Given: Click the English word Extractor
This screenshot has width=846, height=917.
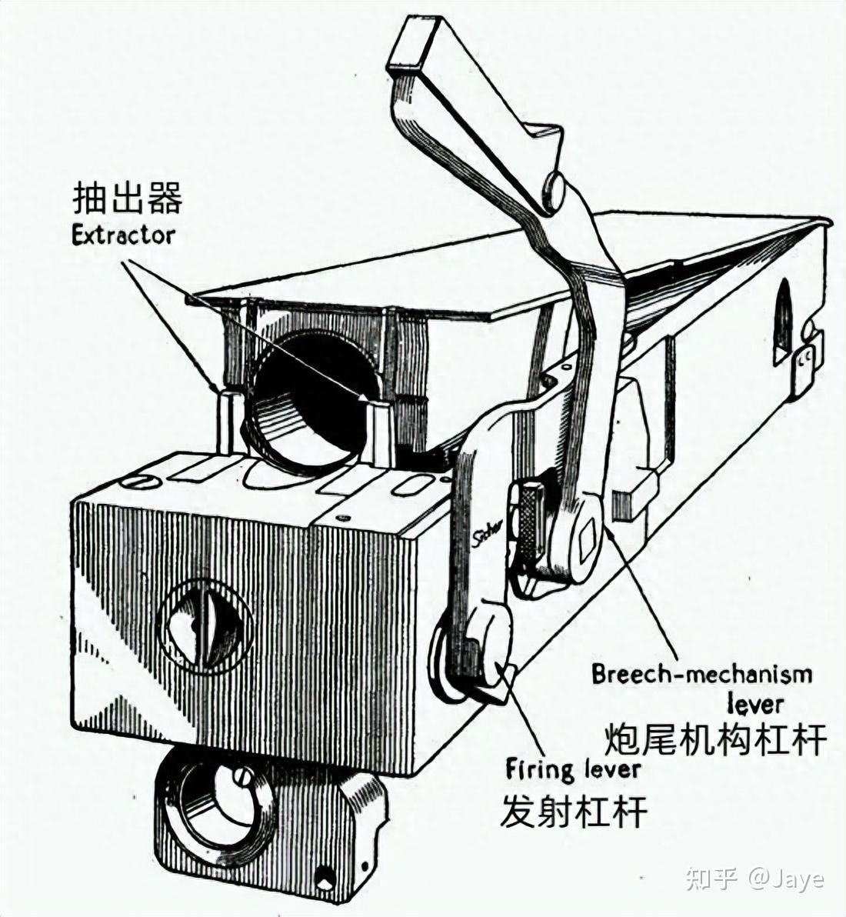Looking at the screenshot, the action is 123,234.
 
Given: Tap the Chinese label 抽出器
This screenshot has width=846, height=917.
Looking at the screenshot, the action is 127,199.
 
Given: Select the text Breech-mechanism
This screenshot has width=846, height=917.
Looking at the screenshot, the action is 701,675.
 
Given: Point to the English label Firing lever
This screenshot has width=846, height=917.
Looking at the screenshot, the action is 573,769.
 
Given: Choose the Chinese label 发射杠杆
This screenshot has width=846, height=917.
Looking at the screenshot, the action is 573,811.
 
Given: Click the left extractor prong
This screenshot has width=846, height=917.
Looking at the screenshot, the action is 228,419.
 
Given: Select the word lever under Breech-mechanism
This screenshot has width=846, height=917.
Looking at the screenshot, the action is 755,703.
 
